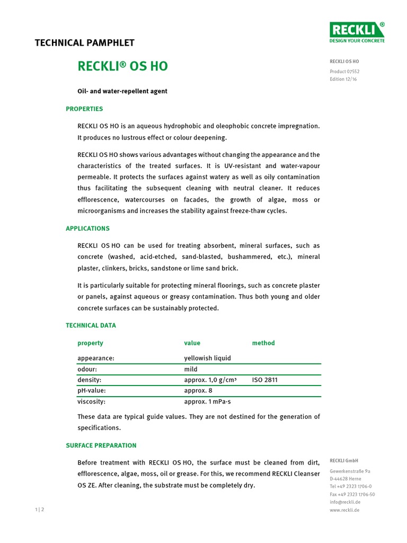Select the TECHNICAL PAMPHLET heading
84,43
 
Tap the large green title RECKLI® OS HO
122,66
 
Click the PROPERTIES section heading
84,109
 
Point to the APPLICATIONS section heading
87,229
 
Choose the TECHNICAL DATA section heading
91,325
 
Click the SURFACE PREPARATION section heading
101,445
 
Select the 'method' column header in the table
263,343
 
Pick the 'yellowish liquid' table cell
207,358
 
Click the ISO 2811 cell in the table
264,380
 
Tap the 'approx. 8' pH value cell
198,390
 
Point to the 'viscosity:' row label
91,401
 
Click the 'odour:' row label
87,369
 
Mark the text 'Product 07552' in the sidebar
344,72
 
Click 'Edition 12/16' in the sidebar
343,80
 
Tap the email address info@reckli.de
345,502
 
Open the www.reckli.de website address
344,510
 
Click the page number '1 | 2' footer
40,510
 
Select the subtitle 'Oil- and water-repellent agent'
122,91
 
